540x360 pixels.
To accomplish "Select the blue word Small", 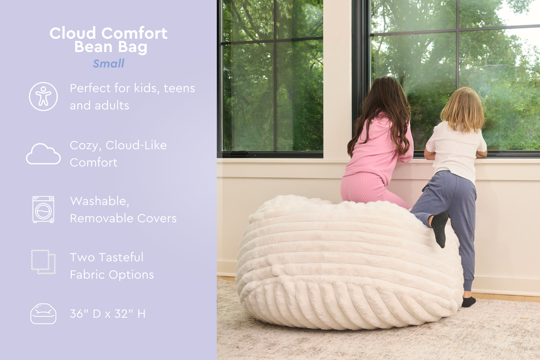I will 109,64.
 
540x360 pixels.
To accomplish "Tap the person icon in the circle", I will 43,97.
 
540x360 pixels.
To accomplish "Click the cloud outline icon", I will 43,154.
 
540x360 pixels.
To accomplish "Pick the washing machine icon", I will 43,209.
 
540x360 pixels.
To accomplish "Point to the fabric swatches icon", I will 43,262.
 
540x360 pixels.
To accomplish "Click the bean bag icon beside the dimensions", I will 43,314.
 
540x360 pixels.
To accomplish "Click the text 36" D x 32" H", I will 108,314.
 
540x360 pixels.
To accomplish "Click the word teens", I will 179,88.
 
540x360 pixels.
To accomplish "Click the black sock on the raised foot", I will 439,228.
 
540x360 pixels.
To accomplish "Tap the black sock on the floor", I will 468,301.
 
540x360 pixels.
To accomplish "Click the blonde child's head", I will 462,109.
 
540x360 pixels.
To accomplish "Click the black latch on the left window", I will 239,154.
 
